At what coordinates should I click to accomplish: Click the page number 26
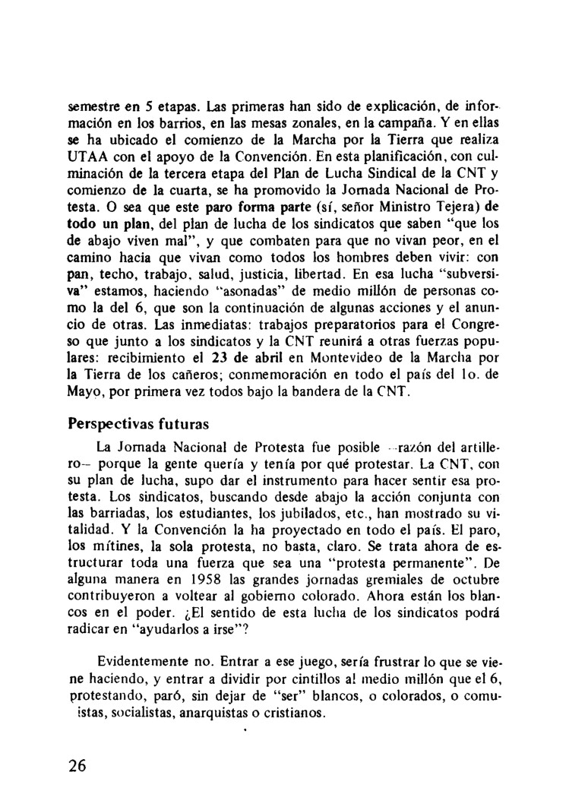77,765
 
